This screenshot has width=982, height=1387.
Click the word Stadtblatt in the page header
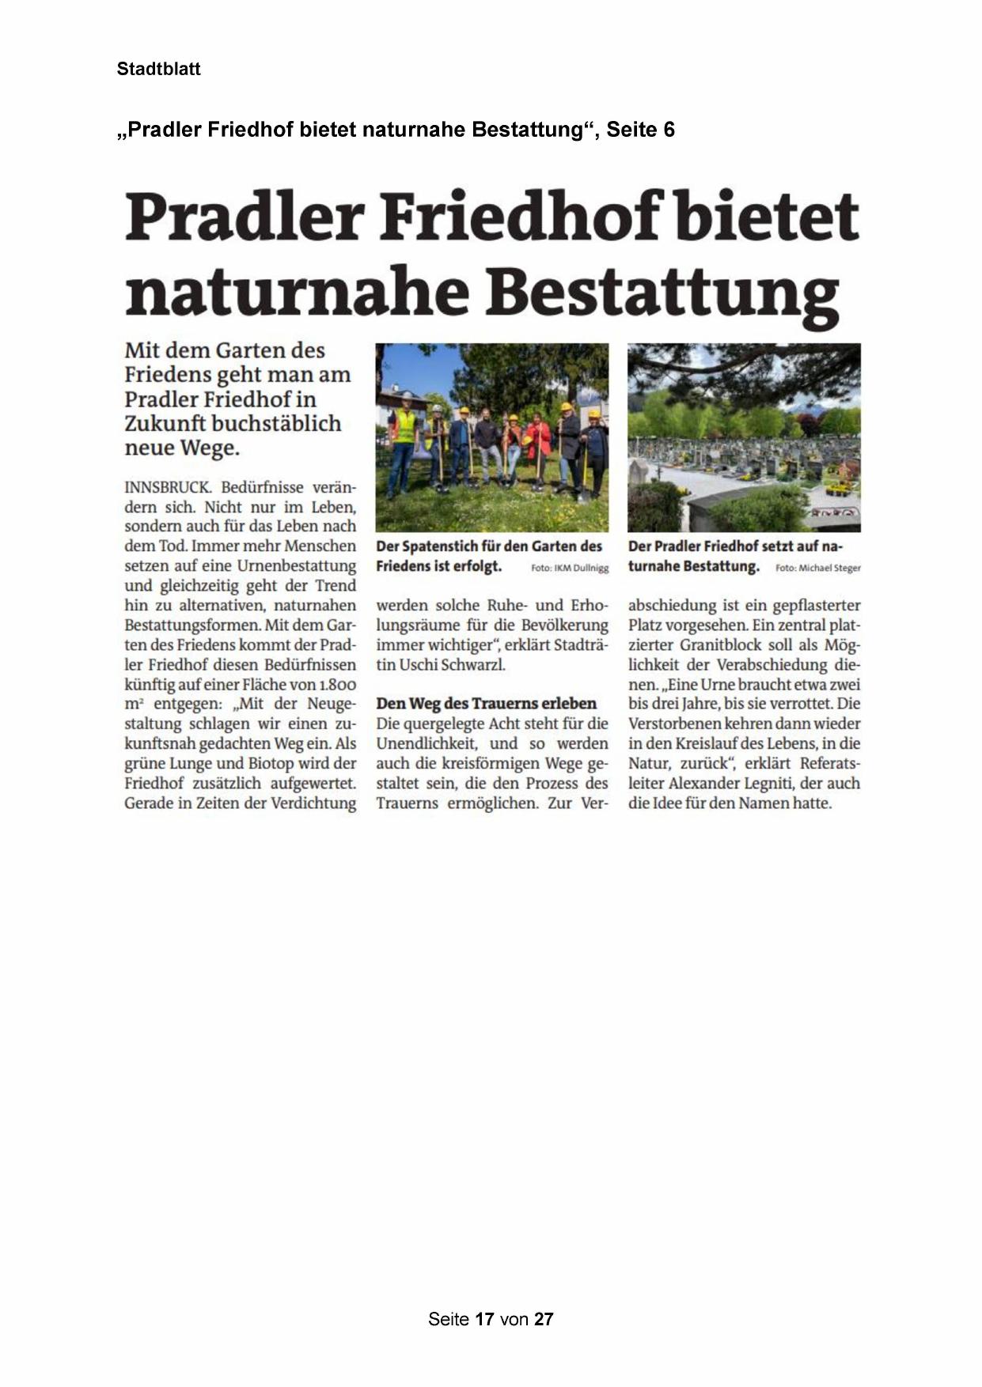(x=158, y=69)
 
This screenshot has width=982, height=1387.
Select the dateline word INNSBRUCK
(x=167, y=487)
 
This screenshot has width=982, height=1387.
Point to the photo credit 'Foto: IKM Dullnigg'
(x=570, y=568)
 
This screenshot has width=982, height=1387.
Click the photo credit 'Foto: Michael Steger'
(x=818, y=568)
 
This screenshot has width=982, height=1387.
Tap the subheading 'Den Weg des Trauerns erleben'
(x=486, y=703)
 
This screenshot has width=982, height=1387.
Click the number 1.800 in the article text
(x=338, y=685)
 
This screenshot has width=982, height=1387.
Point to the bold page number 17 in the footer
(x=485, y=1319)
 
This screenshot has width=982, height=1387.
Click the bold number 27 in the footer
(x=544, y=1319)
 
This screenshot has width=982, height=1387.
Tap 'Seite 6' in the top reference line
(x=640, y=130)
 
